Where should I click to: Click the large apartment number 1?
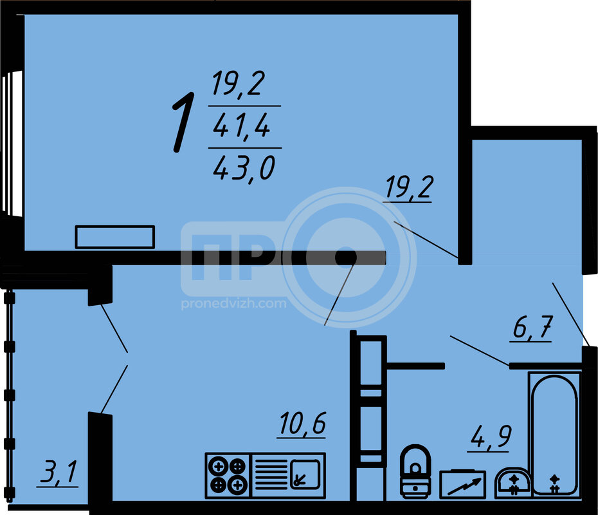pos(184,122)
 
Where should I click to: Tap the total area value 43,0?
pos(244,169)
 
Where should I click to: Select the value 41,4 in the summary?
pos(241,126)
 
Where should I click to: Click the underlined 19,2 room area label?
pos(410,187)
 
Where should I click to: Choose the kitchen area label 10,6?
pos(302,424)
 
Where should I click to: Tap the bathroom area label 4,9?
pos(491,436)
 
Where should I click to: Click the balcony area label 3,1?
pos(59,473)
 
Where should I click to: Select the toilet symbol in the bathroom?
pos(415,471)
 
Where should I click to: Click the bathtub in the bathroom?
pos(554,435)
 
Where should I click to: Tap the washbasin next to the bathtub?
pos(512,483)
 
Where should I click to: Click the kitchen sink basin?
pos(305,474)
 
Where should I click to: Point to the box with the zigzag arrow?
pos(462,484)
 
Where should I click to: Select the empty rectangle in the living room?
pos(115,237)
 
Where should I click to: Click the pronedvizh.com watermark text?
pos(233,304)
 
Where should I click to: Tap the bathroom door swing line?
pos(480,350)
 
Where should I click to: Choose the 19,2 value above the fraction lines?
pos(239,84)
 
